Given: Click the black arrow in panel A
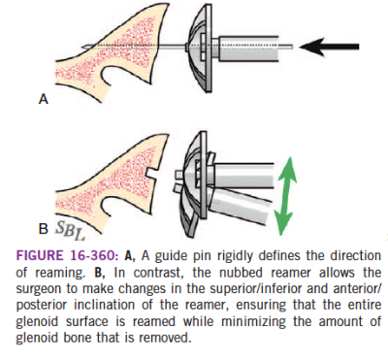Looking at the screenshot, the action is pos(329,47).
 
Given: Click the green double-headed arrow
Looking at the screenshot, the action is pos(285,196).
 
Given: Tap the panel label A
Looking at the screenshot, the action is pos(44,99).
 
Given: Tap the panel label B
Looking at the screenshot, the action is pos(44,229).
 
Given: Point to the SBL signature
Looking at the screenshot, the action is pos(70,231).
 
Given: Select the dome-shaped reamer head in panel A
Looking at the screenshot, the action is pos(199,49).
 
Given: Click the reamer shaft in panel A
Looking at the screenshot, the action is pos(248,49).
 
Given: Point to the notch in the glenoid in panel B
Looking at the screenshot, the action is pos(153,172).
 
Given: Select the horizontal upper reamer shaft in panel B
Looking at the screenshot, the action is pos(242,177).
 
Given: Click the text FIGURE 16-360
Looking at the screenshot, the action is pos(67,256).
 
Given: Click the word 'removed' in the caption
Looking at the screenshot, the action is pos(168,339).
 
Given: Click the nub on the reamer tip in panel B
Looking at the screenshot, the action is pos(178,176).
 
